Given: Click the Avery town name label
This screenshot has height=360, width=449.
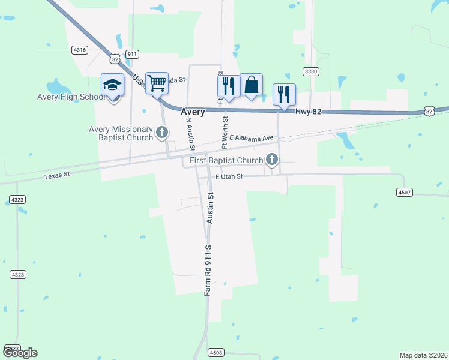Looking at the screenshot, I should click(x=192, y=112).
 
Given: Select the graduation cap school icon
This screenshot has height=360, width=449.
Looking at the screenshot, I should click(x=112, y=85).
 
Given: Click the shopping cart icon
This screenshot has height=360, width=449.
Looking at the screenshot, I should click(x=157, y=83).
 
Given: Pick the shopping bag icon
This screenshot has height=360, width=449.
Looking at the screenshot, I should click(x=252, y=85).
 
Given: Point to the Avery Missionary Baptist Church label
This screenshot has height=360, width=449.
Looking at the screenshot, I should click(x=121, y=133).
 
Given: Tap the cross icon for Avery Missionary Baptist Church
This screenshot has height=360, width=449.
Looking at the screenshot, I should click(x=161, y=131).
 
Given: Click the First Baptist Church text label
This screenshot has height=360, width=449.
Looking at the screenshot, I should click(x=226, y=160).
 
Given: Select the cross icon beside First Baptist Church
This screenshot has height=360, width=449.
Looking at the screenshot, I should click(x=272, y=160).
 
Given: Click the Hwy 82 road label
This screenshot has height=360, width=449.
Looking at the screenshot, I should click(x=308, y=112).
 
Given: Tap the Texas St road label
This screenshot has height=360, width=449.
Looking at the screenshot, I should click(x=58, y=175).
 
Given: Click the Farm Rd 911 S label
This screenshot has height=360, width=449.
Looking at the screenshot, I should click(x=208, y=270).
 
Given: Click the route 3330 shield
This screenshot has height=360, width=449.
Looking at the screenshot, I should click(x=310, y=71).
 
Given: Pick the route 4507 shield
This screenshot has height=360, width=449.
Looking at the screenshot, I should click(x=405, y=193).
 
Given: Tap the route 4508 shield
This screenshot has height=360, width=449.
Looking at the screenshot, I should click(x=216, y=352).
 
